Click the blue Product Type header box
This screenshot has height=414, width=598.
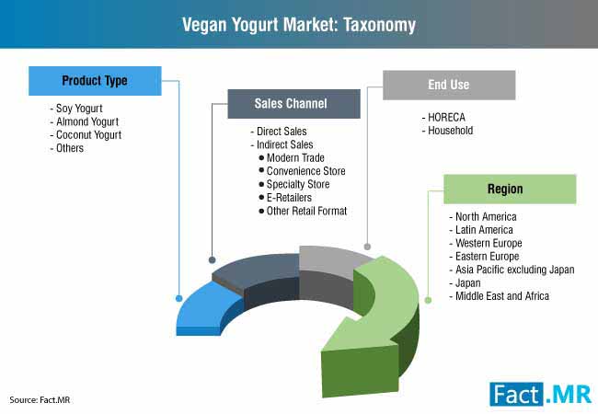[x=95, y=81]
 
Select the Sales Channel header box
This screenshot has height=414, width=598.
[x=293, y=104]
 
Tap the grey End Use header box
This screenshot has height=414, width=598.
[x=449, y=85]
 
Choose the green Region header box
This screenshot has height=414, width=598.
[x=510, y=190]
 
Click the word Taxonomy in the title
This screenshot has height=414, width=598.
[x=379, y=25]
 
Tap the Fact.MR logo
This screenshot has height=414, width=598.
[x=540, y=394]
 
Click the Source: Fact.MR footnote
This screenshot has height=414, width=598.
[x=40, y=400]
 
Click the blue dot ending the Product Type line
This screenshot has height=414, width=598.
[x=178, y=298]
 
